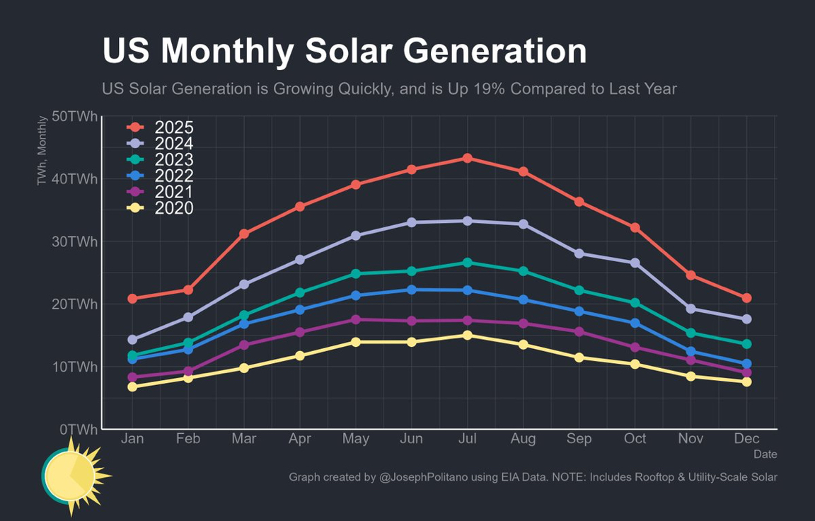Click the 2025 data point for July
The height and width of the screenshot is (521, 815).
click(467, 158)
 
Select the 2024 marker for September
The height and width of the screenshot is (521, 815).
click(579, 253)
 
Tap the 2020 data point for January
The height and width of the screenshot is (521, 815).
click(132, 387)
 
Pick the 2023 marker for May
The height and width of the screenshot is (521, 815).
click(356, 273)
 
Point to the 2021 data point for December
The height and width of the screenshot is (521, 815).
click(746, 372)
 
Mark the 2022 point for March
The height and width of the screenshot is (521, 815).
click(244, 324)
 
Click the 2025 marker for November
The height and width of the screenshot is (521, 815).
click(690, 275)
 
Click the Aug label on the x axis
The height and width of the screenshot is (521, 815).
click(523, 439)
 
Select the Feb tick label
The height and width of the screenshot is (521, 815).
click(188, 439)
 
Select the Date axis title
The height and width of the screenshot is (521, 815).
click(765, 454)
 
